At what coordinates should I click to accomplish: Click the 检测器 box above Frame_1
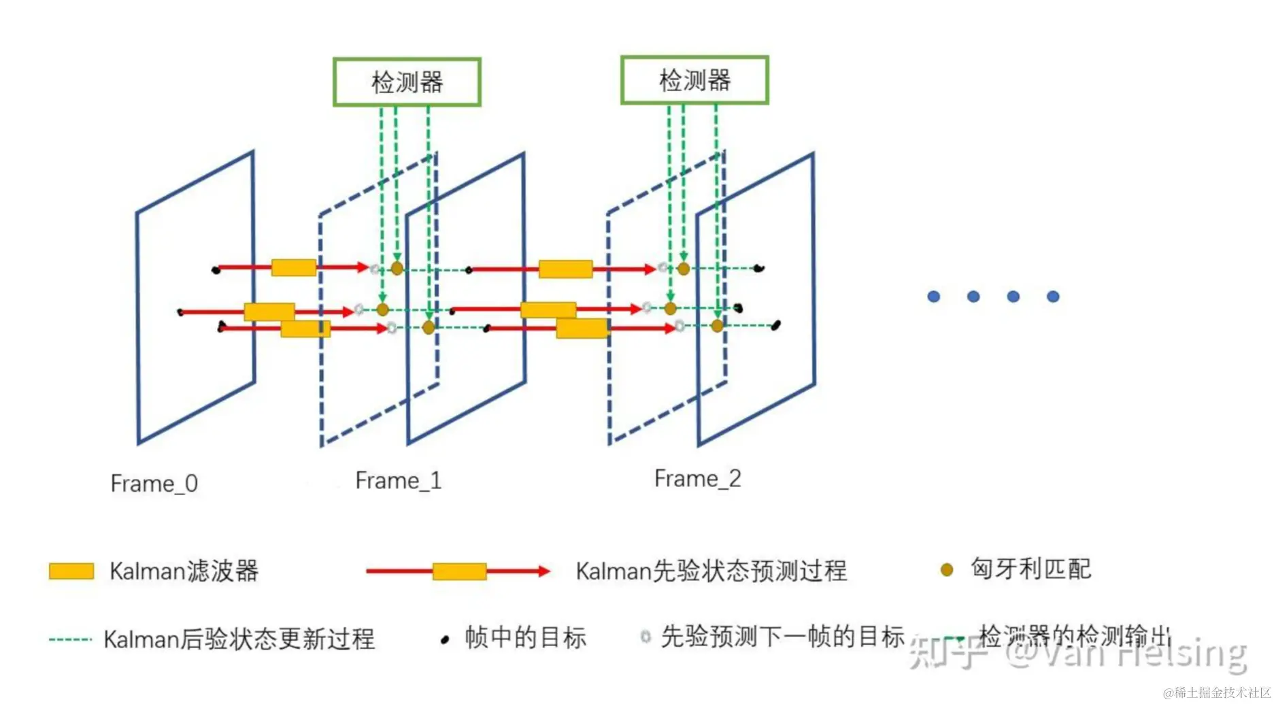(x=407, y=82)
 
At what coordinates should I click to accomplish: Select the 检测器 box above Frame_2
(x=694, y=80)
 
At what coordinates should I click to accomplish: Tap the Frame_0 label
(x=154, y=484)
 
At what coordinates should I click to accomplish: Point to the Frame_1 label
(x=399, y=481)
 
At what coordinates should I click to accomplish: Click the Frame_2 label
(x=697, y=479)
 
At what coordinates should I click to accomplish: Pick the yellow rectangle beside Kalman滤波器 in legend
(x=71, y=571)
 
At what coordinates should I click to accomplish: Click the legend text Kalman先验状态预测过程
(x=711, y=571)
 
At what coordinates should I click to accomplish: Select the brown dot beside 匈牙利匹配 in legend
(x=946, y=570)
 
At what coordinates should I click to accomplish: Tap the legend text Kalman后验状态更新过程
(x=239, y=639)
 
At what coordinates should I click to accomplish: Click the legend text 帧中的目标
(x=525, y=638)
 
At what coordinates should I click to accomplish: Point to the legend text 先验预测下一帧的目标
(x=782, y=637)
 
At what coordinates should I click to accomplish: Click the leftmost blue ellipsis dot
(x=934, y=297)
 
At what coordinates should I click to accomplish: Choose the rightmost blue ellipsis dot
(x=1053, y=297)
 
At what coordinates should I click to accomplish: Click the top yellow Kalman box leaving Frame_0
(x=294, y=267)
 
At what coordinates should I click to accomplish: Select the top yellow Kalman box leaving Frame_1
(x=565, y=269)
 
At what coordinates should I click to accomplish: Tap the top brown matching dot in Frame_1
(x=397, y=269)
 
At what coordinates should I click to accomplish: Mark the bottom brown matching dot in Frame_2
(x=717, y=326)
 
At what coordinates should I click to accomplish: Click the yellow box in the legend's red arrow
(x=460, y=571)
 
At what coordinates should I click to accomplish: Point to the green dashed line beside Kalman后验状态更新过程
(x=70, y=639)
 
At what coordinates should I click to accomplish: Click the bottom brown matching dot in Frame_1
(x=429, y=328)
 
